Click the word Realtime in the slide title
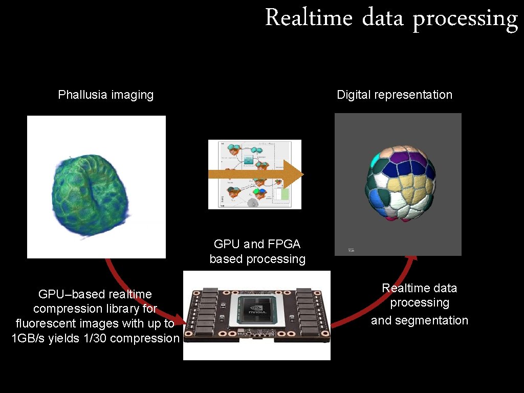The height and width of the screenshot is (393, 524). [309, 18]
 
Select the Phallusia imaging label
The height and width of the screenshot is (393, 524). [105, 95]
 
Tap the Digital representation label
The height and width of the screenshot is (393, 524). [395, 95]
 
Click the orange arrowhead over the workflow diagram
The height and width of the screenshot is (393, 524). [294, 174]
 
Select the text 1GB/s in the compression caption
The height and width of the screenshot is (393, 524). [28, 338]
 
